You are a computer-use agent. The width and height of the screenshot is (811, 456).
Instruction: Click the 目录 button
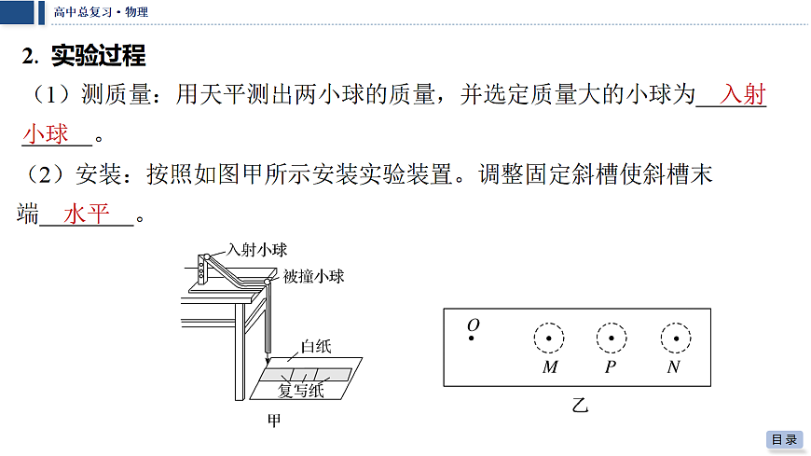tap(784, 439)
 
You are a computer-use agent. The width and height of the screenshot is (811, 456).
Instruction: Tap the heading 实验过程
tap(98, 55)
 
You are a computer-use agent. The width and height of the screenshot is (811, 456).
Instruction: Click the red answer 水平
tap(87, 214)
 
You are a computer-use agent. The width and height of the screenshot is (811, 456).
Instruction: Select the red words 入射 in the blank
tap(743, 94)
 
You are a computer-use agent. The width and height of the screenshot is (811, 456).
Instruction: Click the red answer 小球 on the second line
tap(46, 134)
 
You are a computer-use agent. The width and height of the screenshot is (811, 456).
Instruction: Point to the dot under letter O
tap(471, 338)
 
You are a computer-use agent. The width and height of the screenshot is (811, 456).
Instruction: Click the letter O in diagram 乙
tap(474, 325)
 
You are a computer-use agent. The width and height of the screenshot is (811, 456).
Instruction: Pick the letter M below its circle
tap(550, 367)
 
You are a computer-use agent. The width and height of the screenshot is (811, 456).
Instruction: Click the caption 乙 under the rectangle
tap(580, 405)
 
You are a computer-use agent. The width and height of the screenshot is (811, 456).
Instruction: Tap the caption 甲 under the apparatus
tap(274, 421)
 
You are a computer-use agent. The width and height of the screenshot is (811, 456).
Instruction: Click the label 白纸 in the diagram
tap(316, 346)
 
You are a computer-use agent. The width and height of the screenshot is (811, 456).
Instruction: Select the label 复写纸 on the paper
tap(301, 391)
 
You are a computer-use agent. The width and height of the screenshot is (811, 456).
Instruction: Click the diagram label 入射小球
tap(257, 250)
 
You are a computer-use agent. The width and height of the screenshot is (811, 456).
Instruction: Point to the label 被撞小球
tap(314, 276)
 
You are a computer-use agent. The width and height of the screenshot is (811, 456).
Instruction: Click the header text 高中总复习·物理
tap(101, 12)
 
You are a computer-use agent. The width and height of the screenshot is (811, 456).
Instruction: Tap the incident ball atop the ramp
tap(207, 256)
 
